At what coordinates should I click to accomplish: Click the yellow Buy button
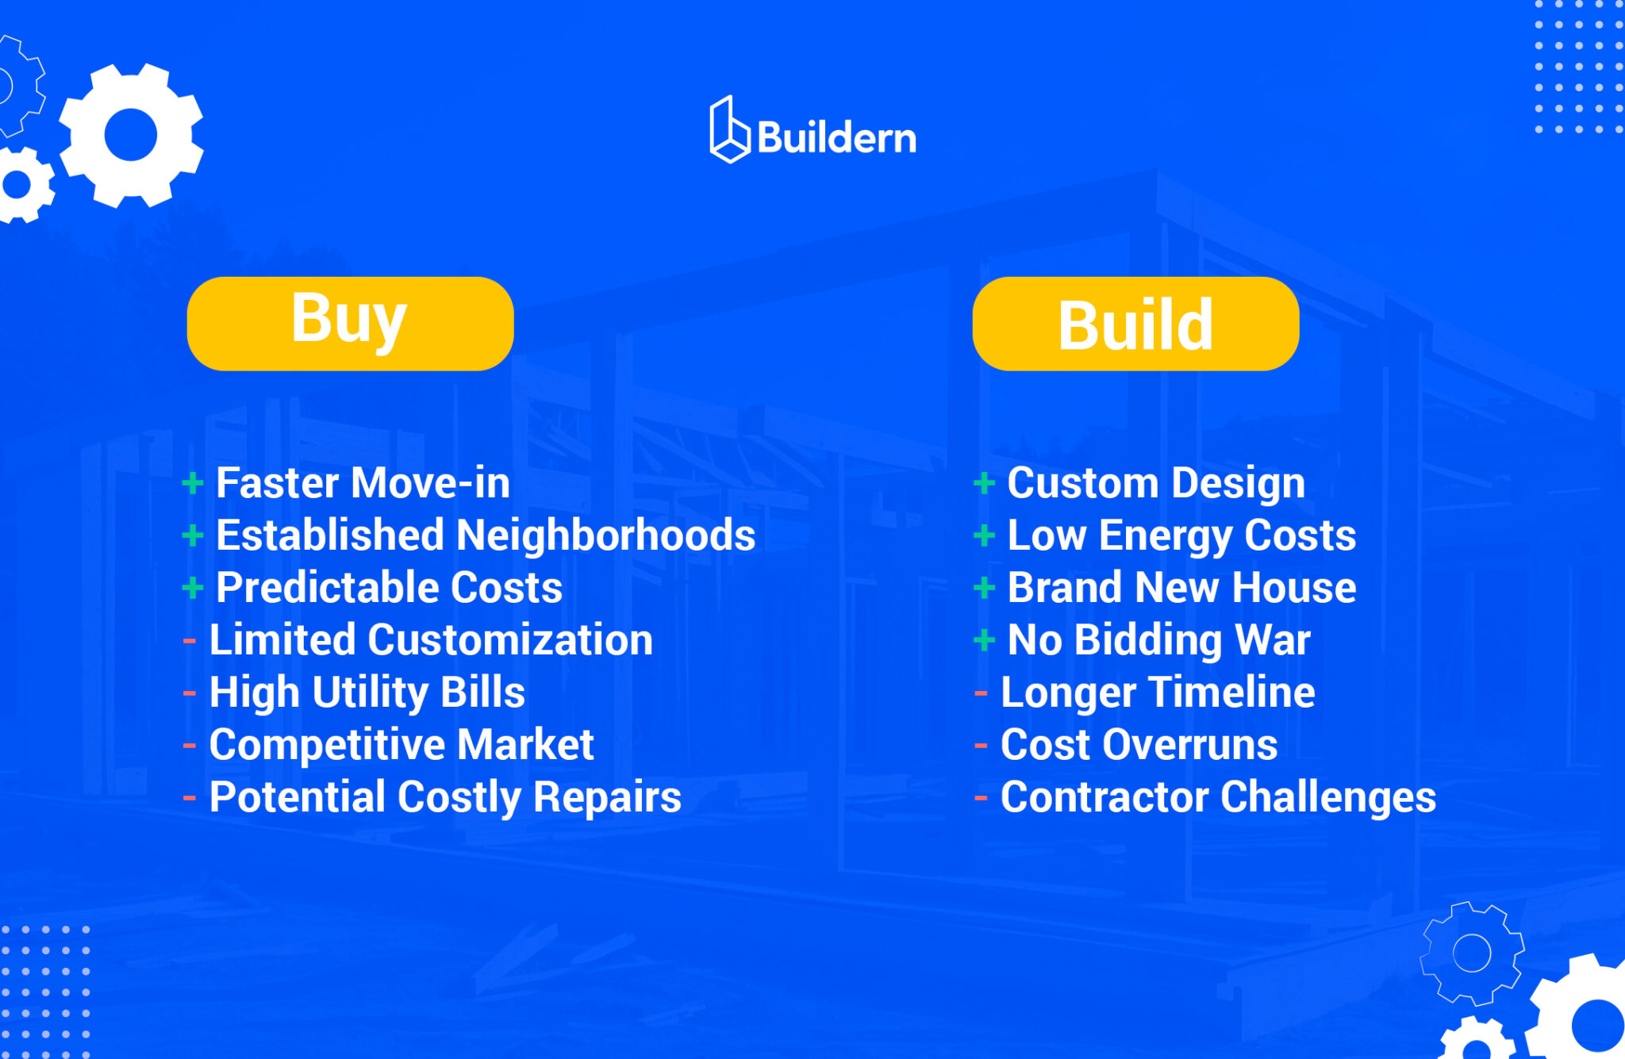[x=350, y=323]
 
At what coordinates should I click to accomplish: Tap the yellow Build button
[x=1135, y=323]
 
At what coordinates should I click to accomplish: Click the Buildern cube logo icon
[x=729, y=130]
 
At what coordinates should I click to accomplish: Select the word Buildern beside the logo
[x=837, y=138]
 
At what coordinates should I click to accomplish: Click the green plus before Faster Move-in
[x=193, y=482]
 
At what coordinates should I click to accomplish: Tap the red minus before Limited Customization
[x=190, y=640]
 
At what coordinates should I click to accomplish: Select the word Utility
[x=370, y=693]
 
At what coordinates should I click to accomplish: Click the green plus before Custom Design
[x=984, y=482]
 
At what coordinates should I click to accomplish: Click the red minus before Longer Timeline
[x=981, y=693]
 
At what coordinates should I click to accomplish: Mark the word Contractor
[x=1104, y=797]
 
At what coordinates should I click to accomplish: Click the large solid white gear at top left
[x=131, y=135]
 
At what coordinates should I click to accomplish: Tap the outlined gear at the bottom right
[x=1472, y=953]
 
